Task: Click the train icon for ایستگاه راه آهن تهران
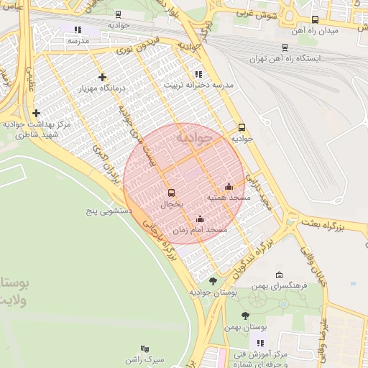click(285, 47)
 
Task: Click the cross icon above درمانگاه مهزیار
click(103, 77)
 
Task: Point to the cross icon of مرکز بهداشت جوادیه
click(36, 113)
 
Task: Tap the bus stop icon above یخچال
click(170, 193)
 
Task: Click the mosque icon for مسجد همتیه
click(229, 187)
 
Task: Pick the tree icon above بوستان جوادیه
click(212, 281)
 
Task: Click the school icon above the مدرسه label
click(78, 30)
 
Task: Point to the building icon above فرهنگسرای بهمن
click(280, 275)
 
